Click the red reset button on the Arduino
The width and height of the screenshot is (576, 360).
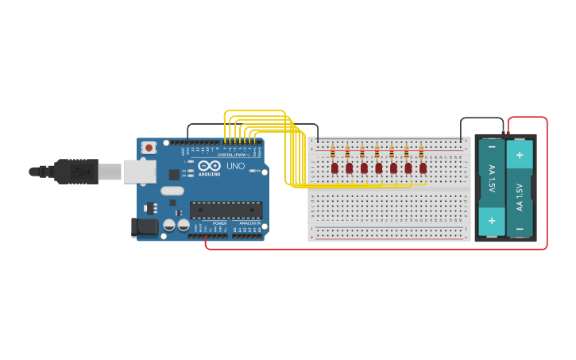tap(149, 147)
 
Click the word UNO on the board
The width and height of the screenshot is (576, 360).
tap(236, 166)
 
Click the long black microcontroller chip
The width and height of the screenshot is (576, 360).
tap(226, 211)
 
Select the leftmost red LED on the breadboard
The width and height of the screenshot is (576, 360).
tap(334, 168)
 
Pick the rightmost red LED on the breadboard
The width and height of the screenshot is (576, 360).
tap(423, 168)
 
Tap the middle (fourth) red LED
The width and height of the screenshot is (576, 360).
tap(379, 168)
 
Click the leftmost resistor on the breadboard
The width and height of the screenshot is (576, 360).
tap(332, 152)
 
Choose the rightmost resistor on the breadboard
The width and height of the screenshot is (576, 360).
tap(421, 152)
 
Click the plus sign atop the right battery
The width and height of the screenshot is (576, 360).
tap(520, 154)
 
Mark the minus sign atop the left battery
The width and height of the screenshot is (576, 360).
tap(492, 148)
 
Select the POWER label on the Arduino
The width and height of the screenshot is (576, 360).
tap(219, 223)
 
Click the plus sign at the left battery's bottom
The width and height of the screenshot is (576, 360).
tap(492, 221)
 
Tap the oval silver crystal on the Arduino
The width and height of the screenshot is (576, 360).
tap(172, 191)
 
